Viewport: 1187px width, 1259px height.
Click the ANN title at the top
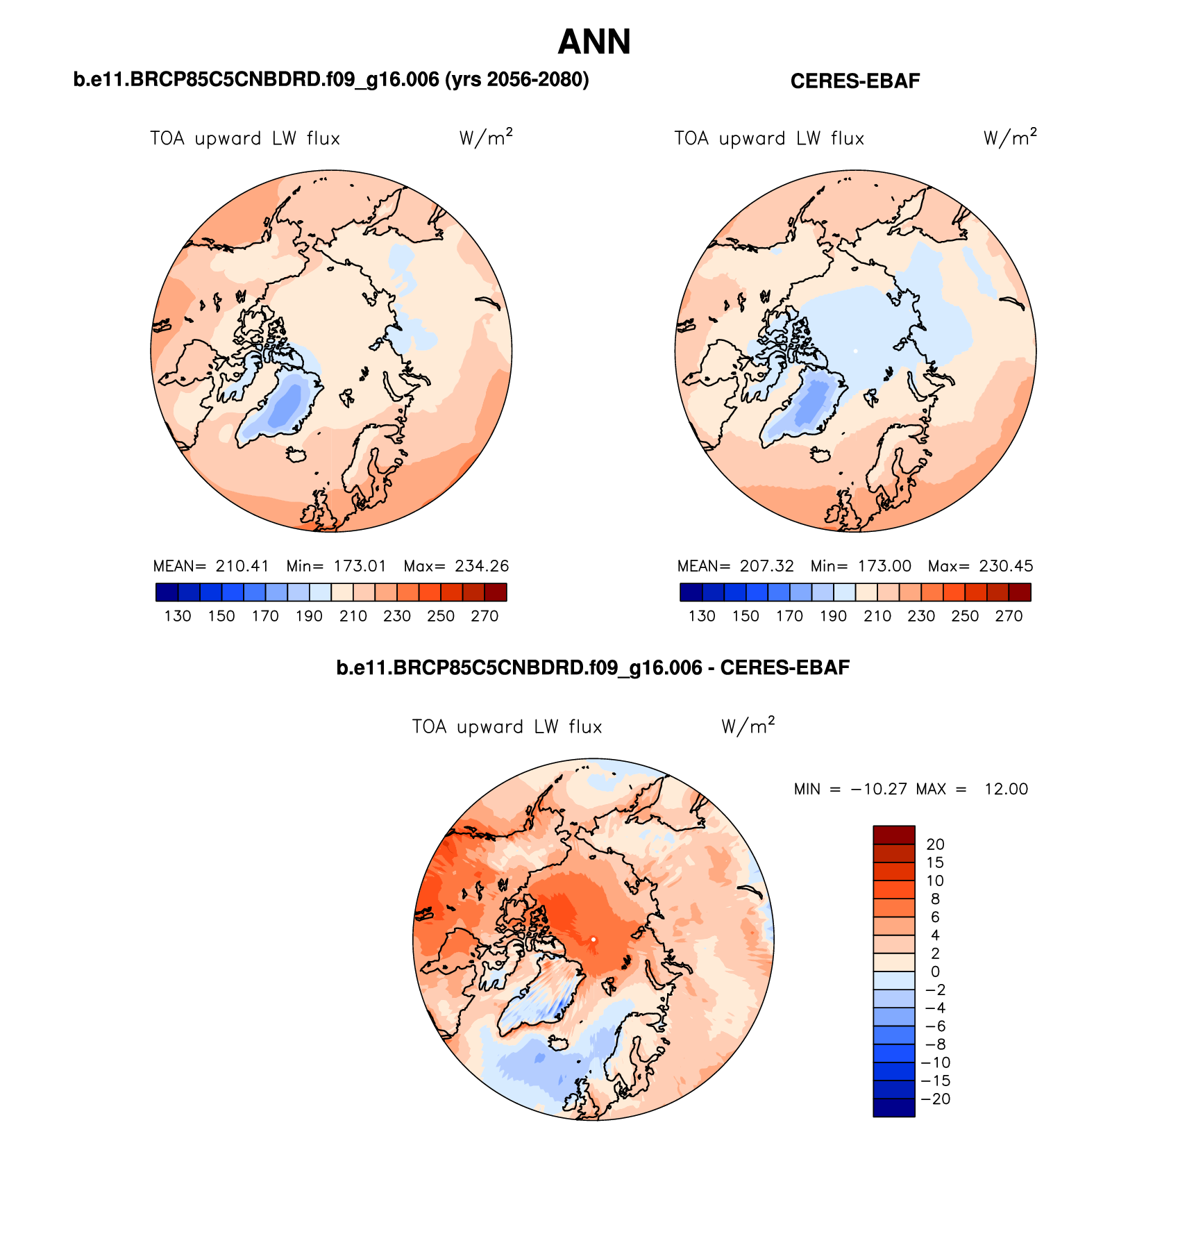click(x=593, y=42)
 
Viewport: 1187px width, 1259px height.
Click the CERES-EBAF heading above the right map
click(x=855, y=81)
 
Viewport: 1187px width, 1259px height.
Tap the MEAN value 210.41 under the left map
click(x=242, y=566)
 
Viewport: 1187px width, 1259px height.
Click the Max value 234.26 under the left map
click(x=482, y=566)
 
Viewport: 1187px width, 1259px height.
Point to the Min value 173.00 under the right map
click(x=884, y=566)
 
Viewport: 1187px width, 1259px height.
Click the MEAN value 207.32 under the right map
click(x=766, y=566)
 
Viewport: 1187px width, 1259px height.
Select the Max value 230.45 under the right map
click(x=1006, y=566)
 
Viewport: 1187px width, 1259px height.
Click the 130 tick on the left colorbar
click(x=178, y=616)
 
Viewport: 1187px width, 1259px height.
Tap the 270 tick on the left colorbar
click(x=485, y=616)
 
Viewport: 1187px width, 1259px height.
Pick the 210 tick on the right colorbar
click(x=877, y=616)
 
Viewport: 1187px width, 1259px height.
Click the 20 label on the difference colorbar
click(x=935, y=844)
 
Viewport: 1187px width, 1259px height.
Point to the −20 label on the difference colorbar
click(x=935, y=1099)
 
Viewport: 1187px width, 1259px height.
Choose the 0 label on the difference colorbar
click(x=935, y=972)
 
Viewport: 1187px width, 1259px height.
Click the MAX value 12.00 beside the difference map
click(x=1006, y=789)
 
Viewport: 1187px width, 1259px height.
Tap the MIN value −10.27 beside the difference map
click(x=878, y=789)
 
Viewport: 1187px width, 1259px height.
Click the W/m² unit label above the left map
click(x=485, y=137)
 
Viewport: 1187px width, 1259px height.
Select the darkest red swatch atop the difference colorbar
click(x=893, y=835)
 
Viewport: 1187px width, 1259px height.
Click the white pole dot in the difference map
click(x=593, y=940)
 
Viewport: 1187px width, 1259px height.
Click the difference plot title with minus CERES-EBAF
click(x=593, y=668)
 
